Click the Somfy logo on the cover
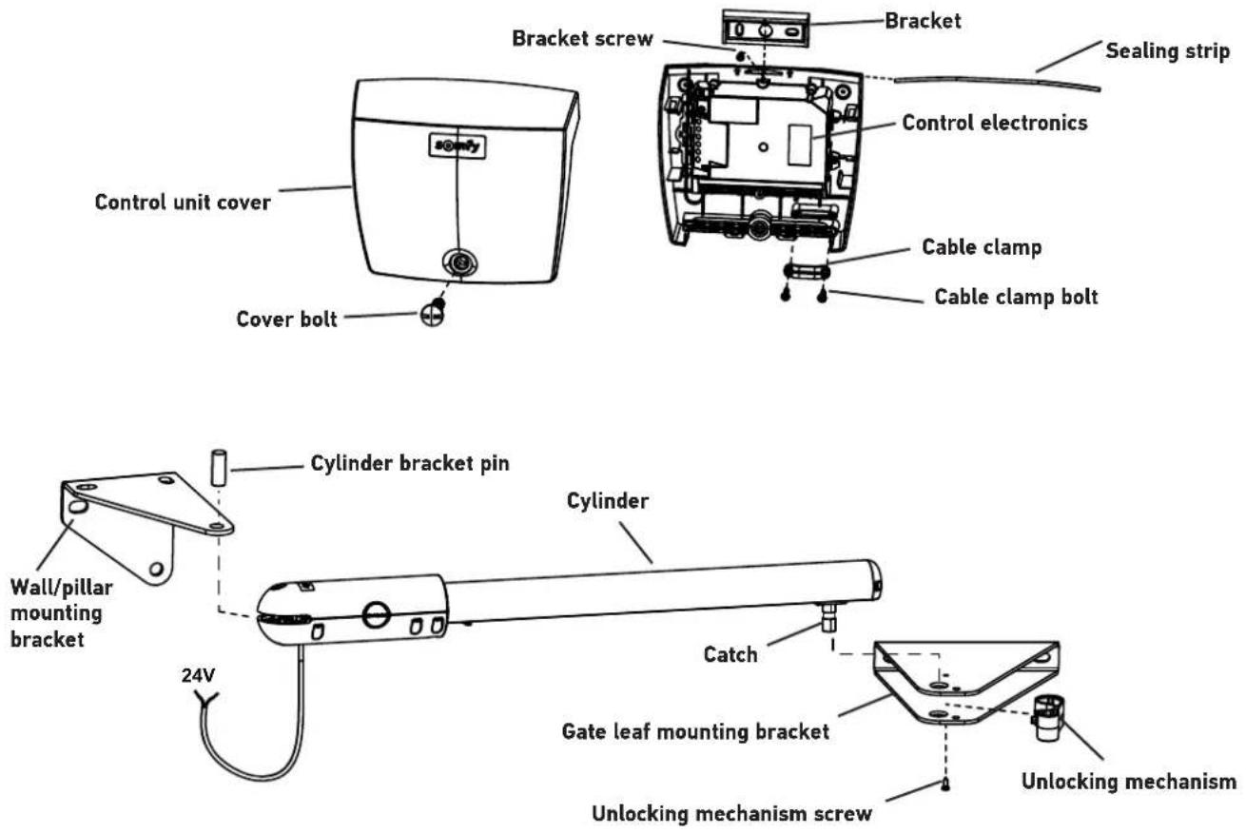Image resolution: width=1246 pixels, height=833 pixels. point(458,145)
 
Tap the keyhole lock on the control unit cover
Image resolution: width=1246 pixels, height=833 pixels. point(460,262)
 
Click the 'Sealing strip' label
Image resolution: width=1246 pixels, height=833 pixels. point(1167,51)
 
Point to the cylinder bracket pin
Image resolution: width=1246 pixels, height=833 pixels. point(219,469)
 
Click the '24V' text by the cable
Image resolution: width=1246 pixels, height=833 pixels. point(198,676)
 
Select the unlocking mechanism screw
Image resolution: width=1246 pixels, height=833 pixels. point(945,785)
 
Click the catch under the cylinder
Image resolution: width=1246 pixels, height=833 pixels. point(828,618)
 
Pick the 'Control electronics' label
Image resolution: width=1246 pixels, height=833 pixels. point(994,123)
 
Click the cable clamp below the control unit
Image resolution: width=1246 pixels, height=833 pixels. point(807,272)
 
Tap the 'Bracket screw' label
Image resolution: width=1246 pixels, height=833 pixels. point(582,39)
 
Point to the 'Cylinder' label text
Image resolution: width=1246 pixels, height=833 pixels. point(608,501)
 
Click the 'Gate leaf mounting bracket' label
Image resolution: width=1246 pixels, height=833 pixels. point(695,732)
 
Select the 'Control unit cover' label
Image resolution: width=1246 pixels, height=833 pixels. point(183,203)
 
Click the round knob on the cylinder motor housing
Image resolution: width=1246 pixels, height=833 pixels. point(376,615)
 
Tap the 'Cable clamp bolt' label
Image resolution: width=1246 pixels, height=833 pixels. point(1016,297)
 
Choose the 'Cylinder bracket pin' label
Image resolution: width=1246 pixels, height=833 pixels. point(409,464)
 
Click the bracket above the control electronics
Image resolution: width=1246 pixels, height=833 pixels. point(766,29)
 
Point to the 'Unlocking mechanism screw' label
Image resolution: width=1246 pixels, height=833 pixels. point(731,814)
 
